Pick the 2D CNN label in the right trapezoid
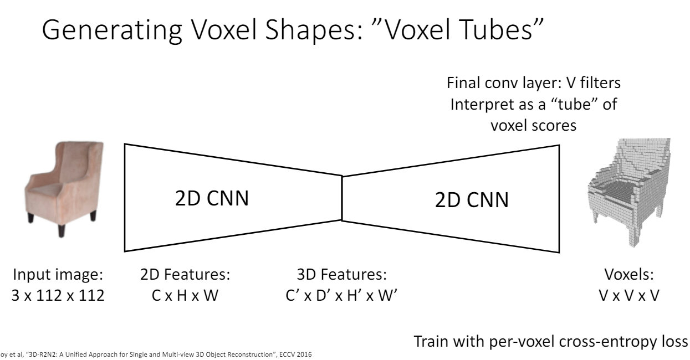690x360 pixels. pos(471,199)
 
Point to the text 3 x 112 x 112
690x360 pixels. pos(58,295)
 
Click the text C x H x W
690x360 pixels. pos(185,295)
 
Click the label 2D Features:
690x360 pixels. pos(185,275)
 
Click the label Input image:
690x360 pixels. pos(58,275)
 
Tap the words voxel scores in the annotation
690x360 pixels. pos(533,125)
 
